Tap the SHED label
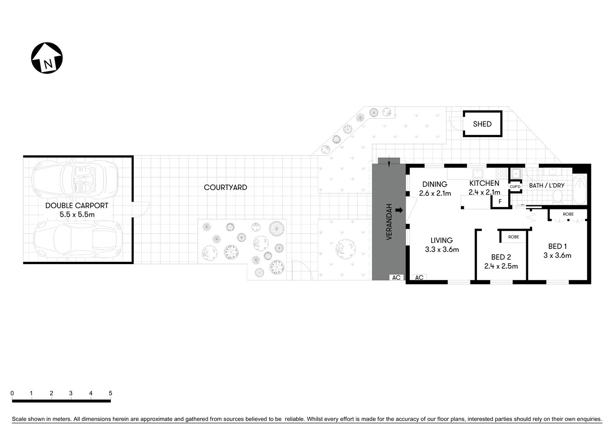tap(482, 124)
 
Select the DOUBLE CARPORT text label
tap(77, 205)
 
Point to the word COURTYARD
tap(225, 187)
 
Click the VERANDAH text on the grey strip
tap(389, 222)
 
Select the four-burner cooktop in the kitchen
tap(501, 173)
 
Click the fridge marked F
tap(500, 202)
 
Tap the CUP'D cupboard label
tap(515, 187)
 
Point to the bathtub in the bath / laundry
tap(580, 190)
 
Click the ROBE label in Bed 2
tap(513, 237)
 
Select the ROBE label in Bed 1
tap(568, 214)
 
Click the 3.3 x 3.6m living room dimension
tap(442, 249)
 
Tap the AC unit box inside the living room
tap(419, 277)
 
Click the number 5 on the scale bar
tap(111, 393)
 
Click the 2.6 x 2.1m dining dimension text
tap(435, 193)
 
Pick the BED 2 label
tap(501, 257)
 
